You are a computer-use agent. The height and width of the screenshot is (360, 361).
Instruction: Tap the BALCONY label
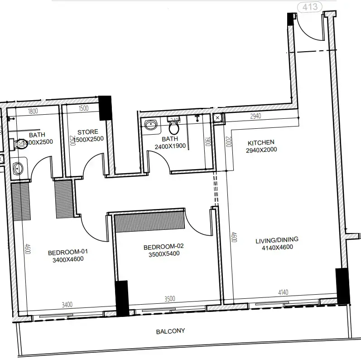[x=170, y=331]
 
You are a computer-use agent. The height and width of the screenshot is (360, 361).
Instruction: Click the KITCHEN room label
[x=260, y=142]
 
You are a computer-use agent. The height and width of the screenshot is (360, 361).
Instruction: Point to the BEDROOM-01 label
[x=67, y=252]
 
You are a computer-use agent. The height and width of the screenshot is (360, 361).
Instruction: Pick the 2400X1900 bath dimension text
[x=170, y=146]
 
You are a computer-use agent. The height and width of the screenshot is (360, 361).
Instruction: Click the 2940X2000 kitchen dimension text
[x=261, y=150]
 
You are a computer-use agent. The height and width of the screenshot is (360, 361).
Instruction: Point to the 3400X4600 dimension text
[x=67, y=259]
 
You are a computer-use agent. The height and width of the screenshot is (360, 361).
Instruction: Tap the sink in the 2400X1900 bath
[x=150, y=124]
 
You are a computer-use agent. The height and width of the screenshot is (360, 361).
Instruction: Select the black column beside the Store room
[x=105, y=108]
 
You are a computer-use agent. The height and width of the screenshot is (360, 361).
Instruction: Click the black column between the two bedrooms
[x=122, y=298]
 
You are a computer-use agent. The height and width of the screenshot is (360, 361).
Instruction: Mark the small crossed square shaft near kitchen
[x=218, y=118]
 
